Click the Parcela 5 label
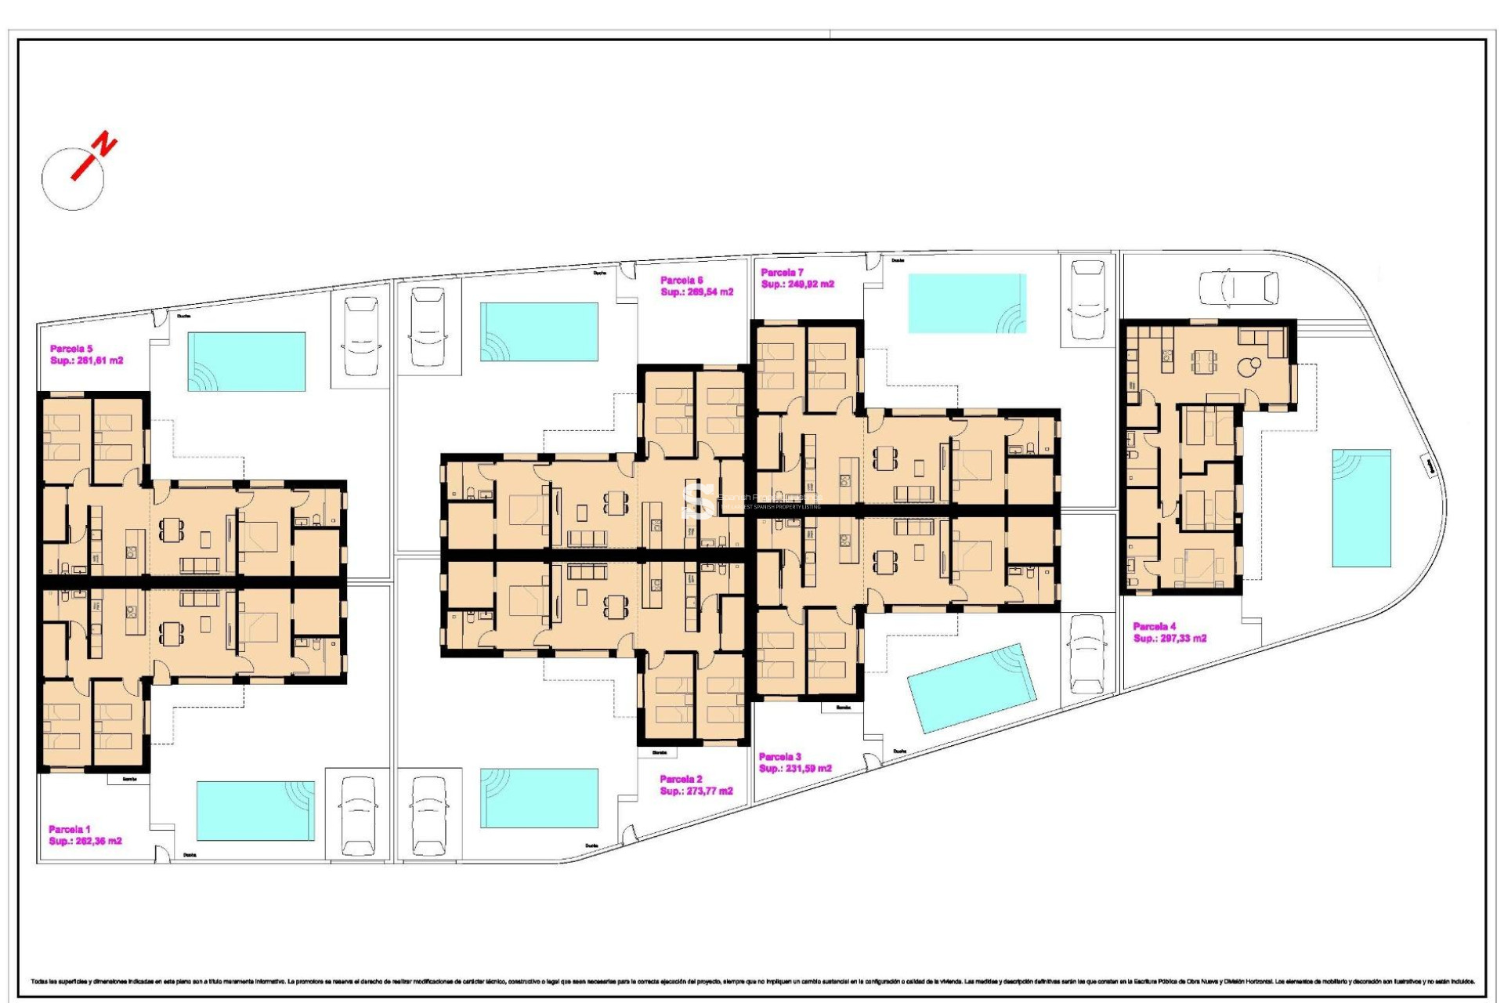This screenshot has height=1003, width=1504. [71, 349]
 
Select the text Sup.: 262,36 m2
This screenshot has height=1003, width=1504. [85, 841]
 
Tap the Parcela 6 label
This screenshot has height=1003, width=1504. [681, 280]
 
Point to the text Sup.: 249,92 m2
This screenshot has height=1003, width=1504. [797, 284]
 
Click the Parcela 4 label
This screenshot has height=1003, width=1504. [1154, 626]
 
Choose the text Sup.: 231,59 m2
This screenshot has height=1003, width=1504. [795, 769]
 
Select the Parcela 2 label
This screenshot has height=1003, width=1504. [681, 779]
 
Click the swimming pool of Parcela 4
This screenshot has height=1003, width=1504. [1361, 508]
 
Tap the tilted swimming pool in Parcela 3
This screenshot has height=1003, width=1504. [971, 688]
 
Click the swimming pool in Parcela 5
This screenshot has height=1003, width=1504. [246, 361]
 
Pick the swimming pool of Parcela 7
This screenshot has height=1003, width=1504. [967, 303]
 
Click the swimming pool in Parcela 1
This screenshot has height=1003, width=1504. [255, 810]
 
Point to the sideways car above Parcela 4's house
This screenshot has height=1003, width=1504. [1239, 288]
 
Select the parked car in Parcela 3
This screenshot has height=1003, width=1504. [1086, 654]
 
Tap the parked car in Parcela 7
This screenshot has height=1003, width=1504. [1087, 301]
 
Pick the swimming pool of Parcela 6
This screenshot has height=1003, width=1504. [539, 332]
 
